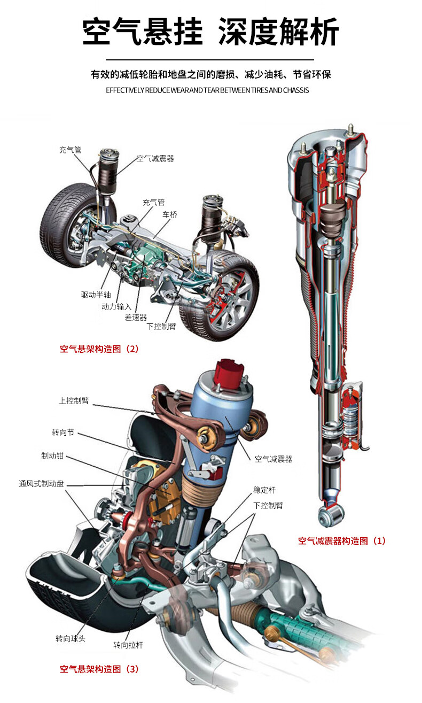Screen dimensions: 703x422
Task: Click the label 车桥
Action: pyautogui.click(x=170, y=214)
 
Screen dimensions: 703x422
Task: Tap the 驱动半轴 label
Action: pyautogui.click(x=96, y=295)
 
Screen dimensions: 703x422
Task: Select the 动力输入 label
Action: pyautogui.click(x=116, y=306)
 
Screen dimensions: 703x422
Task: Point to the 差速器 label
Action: pyautogui.click(x=136, y=317)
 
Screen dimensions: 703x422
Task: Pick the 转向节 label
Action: pyautogui.click(x=63, y=431)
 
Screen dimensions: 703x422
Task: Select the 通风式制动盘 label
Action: pyautogui.click(x=41, y=484)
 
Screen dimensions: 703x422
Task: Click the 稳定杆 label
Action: pyautogui.click(x=264, y=490)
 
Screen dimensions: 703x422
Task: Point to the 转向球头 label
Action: pyautogui.click(x=71, y=638)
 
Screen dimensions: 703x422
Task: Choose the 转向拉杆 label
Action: pyautogui.click(x=128, y=645)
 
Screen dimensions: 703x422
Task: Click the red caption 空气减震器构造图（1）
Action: pyautogui.click(x=341, y=540)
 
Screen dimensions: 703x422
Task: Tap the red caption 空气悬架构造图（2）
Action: pyautogui.click(x=99, y=349)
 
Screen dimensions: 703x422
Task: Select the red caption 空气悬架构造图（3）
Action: pyautogui.click(x=99, y=669)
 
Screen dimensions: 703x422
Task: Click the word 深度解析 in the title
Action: pyautogui.click(x=279, y=33)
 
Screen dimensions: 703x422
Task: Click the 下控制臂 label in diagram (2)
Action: pyautogui.click(x=161, y=327)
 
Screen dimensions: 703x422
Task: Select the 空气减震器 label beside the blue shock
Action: pyautogui.click(x=273, y=459)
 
